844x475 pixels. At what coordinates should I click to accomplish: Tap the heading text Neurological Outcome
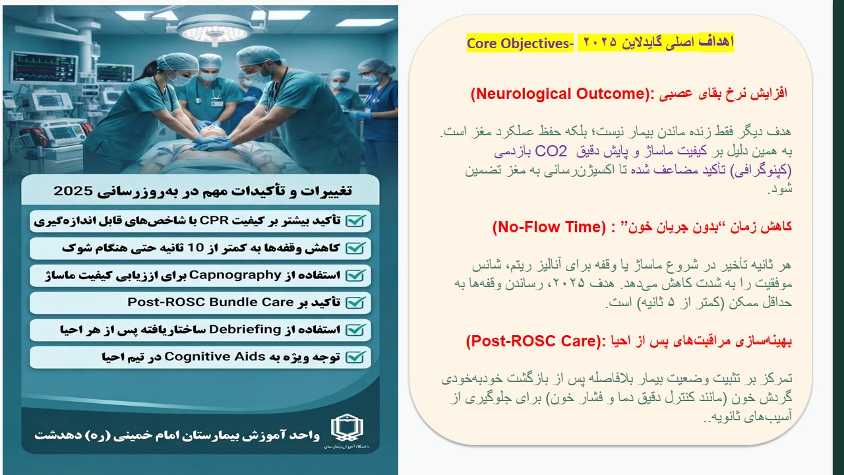pyautogui.click(x=561, y=94)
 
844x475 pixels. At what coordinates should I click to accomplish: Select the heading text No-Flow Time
pyautogui.click(x=549, y=227)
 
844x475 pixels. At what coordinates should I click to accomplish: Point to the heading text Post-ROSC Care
pyautogui.click(x=533, y=341)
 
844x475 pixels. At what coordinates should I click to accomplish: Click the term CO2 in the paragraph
pyautogui.click(x=551, y=151)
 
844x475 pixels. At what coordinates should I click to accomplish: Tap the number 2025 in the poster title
pyautogui.click(x=73, y=191)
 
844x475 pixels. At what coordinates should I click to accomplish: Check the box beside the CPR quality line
pyautogui.click(x=355, y=220)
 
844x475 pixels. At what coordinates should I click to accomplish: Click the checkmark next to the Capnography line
pyautogui.click(x=355, y=275)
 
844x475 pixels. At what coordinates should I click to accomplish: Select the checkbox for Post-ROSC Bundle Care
pyautogui.click(x=355, y=302)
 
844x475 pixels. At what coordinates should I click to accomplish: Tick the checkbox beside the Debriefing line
pyautogui.click(x=355, y=330)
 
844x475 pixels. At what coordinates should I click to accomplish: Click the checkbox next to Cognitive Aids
pyautogui.click(x=355, y=357)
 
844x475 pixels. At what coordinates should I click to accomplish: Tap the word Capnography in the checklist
pyautogui.click(x=235, y=275)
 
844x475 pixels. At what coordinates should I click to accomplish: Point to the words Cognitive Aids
pyautogui.click(x=215, y=357)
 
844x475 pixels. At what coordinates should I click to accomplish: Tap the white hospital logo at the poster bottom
pyautogui.click(x=347, y=428)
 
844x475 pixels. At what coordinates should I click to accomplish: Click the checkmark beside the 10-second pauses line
pyautogui.click(x=355, y=248)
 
